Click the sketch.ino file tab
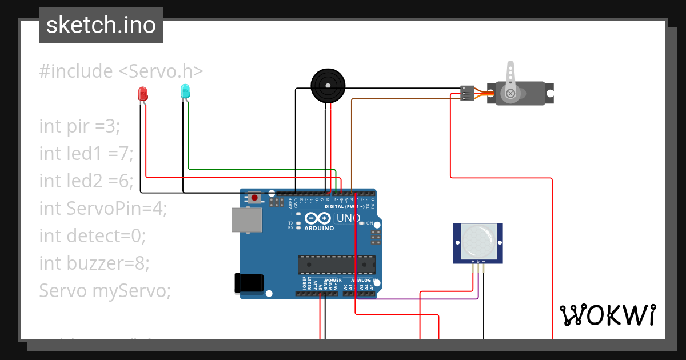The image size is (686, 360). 101,25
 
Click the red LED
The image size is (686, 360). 143,94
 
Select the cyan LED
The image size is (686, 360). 185,91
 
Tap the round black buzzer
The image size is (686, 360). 328,86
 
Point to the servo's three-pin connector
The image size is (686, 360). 467,93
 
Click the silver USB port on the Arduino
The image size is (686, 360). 246,220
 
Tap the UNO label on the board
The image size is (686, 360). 348,218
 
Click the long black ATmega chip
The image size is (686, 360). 336,265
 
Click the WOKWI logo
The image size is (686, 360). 607,315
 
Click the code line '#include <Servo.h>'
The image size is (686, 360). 121,71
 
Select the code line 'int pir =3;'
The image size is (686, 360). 79,126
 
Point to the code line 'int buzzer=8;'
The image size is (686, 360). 94,263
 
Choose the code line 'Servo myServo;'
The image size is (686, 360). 105,290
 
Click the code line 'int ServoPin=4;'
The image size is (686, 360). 103,208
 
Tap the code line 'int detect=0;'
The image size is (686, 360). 93,235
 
